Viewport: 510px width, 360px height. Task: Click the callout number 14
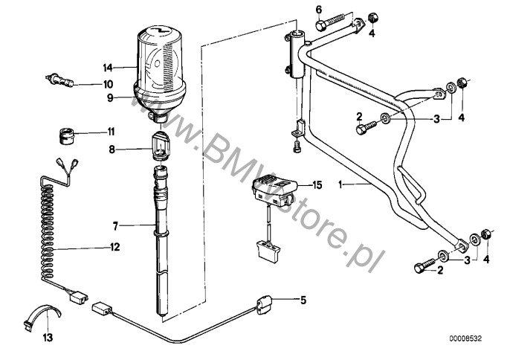108,68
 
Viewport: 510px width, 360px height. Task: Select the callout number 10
108,84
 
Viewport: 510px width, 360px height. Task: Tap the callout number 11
112,132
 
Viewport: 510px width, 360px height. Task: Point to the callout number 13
48,338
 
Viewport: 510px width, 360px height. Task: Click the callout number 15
317,185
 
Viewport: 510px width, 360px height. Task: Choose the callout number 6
319,10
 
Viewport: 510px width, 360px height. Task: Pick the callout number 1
340,185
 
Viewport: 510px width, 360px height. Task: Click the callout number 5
303,300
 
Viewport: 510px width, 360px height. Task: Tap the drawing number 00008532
465,339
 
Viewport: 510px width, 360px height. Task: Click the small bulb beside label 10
59,80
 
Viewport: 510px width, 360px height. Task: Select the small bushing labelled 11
67,136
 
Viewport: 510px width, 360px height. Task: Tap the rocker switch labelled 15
275,191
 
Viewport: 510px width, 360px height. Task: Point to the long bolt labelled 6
332,22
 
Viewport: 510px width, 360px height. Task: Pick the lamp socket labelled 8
159,146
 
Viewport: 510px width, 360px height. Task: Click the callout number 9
110,97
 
